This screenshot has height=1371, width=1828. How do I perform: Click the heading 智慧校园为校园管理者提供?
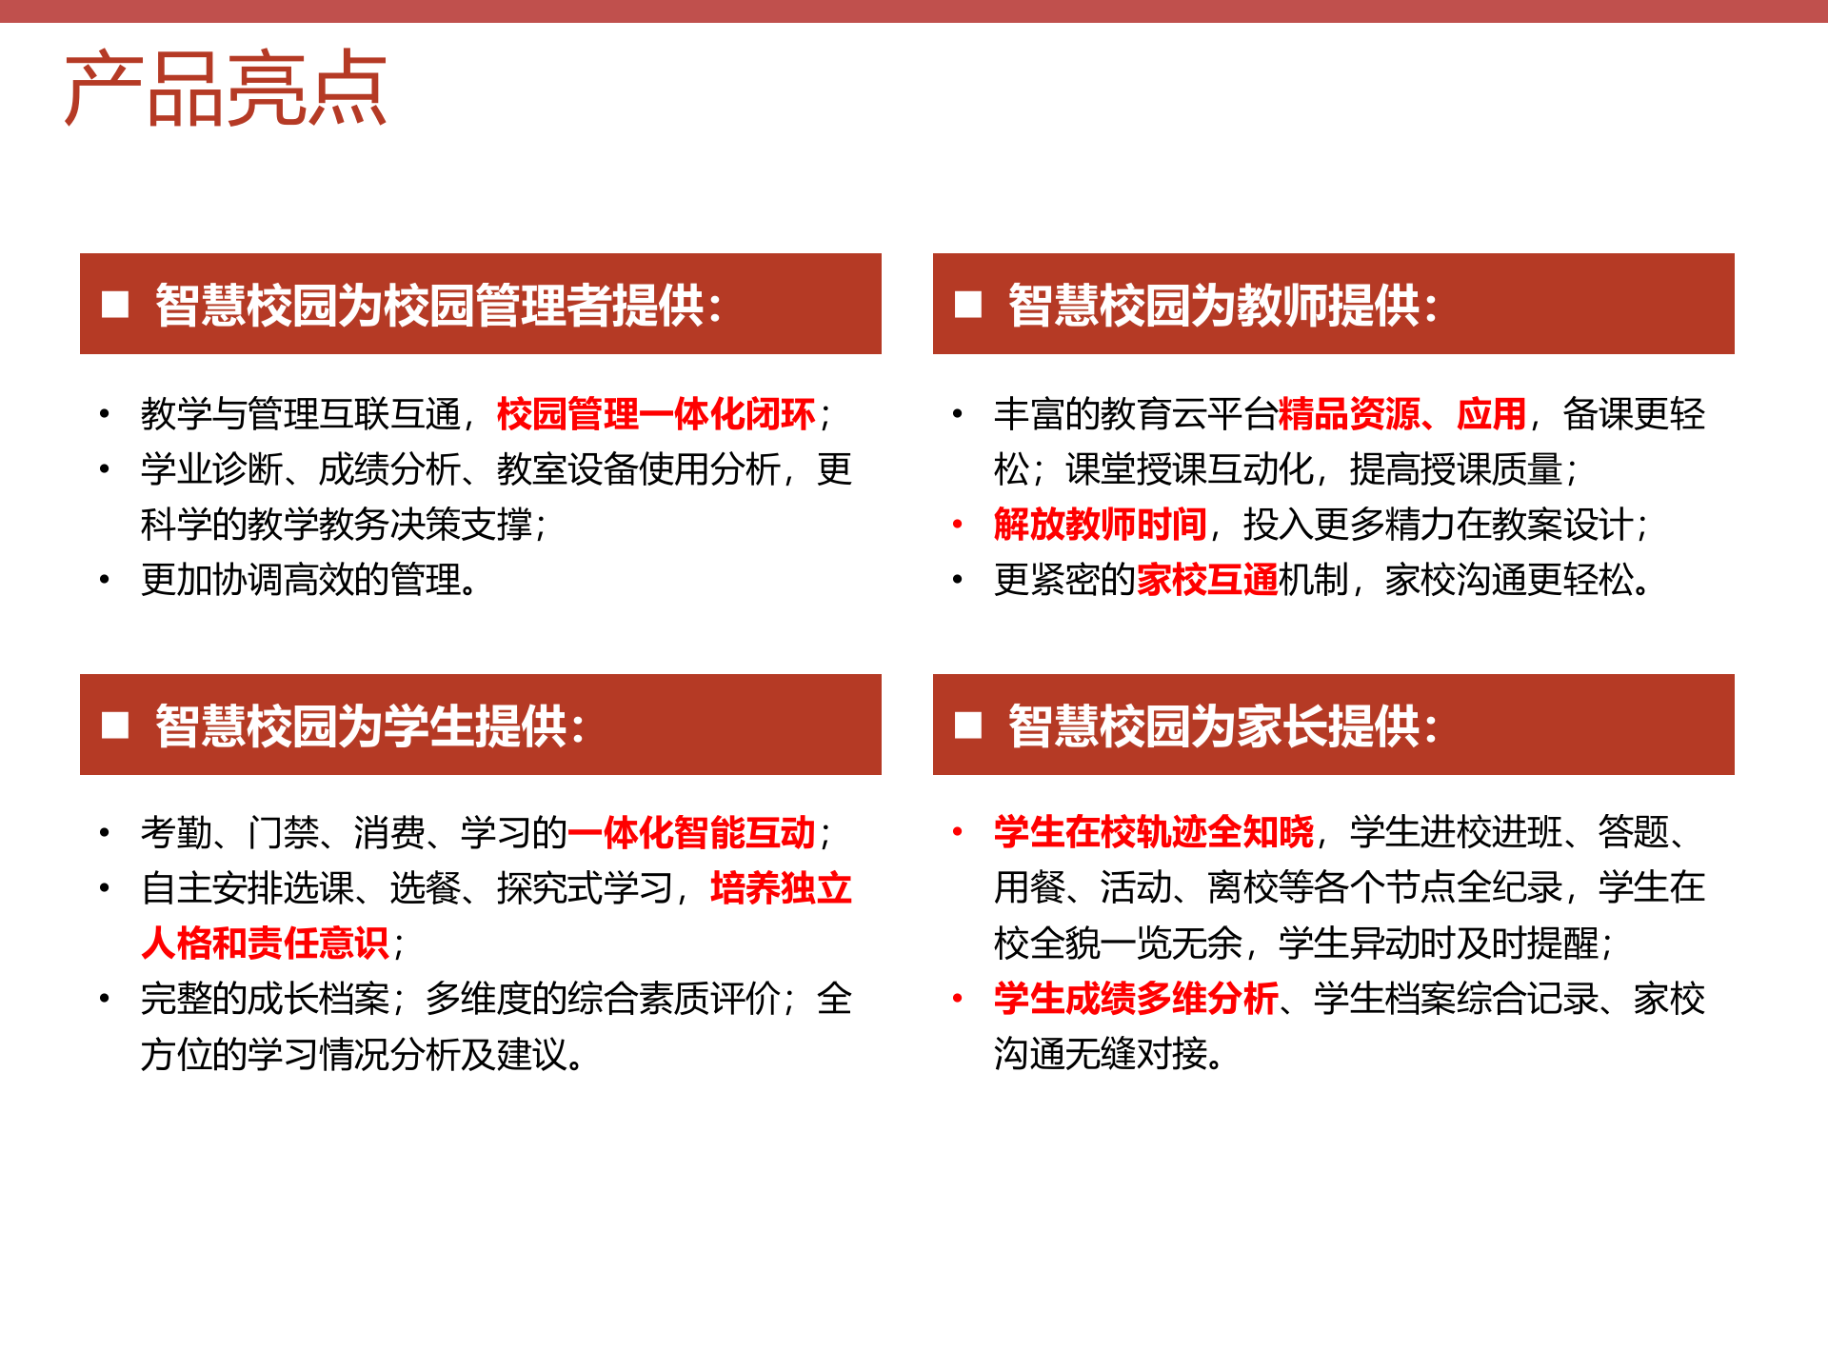(438, 305)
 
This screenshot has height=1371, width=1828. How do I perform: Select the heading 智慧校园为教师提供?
(1222, 305)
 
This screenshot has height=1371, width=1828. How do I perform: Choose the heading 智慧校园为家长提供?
(1222, 725)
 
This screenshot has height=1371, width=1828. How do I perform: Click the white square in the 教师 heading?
(968, 305)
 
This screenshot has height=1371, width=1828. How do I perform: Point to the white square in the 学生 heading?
(115, 725)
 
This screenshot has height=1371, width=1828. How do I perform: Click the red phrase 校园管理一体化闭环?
(656, 414)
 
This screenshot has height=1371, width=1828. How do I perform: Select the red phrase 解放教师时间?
(1100, 525)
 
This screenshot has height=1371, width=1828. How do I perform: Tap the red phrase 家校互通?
(1207, 580)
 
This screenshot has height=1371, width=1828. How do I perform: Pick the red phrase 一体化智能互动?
(692, 833)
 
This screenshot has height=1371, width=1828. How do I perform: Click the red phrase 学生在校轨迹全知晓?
(1153, 832)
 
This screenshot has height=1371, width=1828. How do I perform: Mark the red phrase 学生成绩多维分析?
(1135, 999)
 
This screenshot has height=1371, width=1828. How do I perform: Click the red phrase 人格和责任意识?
(265, 944)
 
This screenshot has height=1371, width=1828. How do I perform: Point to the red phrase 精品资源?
(1349, 414)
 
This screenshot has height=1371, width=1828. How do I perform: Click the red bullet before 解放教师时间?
(958, 525)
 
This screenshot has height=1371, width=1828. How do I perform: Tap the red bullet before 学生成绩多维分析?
(958, 999)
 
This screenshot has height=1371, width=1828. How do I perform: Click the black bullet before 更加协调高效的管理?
(105, 580)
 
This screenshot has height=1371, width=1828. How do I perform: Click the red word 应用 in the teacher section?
(1491, 414)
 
